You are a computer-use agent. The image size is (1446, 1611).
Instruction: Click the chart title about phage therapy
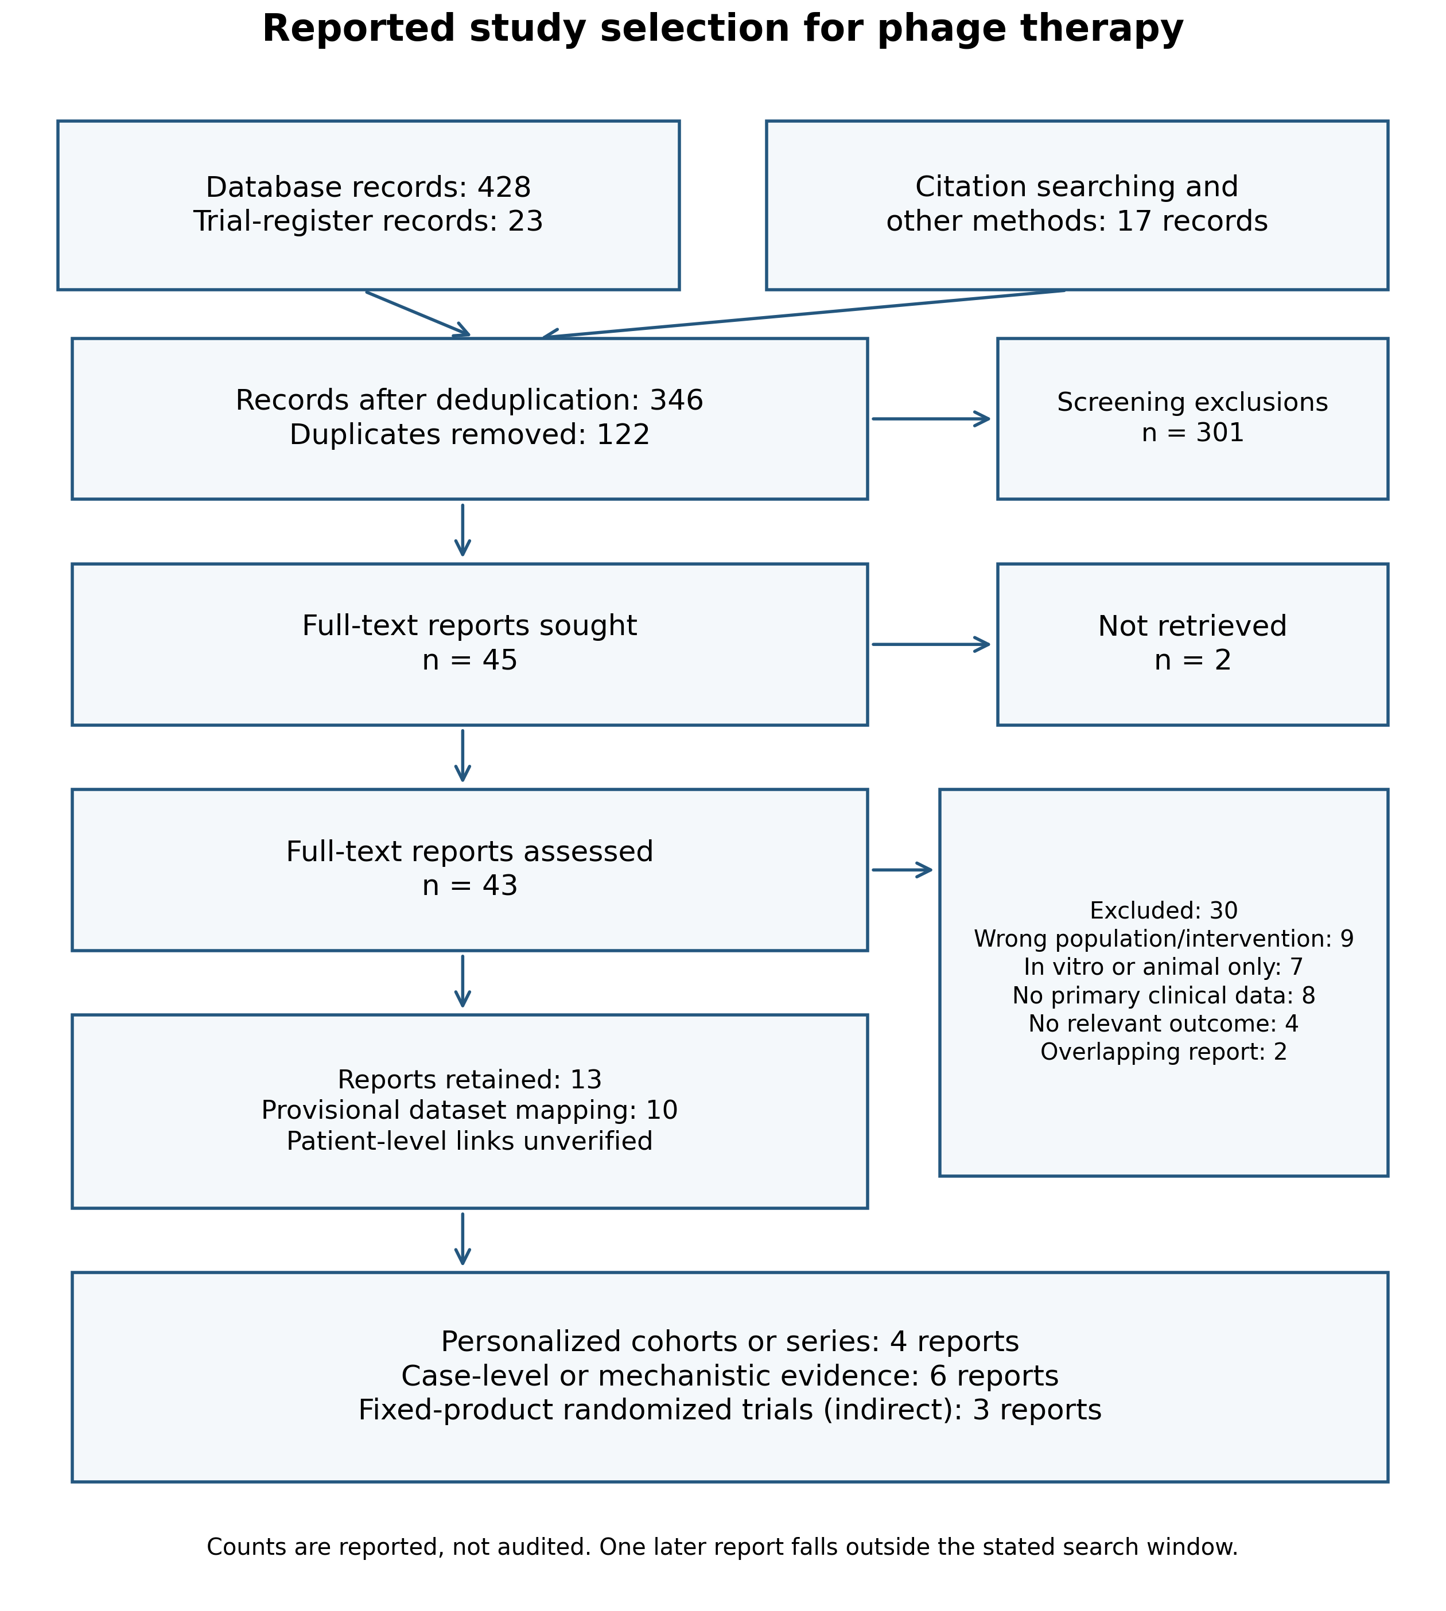tap(722, 29)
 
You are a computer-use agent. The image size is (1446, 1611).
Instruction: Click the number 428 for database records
tap(504, 188)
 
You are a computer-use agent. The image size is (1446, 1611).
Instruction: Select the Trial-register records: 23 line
tap(368, 221)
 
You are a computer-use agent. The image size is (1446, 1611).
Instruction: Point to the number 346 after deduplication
tap(676, 400)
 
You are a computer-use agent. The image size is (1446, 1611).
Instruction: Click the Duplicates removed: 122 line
tap(469, 434)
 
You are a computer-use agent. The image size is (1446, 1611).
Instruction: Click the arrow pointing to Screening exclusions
tap(931, 419)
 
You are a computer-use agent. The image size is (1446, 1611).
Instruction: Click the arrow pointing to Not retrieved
tap(931, 644)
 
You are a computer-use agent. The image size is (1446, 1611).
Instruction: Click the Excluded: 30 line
tap(1163, 910)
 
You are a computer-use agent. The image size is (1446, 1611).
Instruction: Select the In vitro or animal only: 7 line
tap(1163, 967)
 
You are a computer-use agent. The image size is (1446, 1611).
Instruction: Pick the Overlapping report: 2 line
tap(1163, 1052)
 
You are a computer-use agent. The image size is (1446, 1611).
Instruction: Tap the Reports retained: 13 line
tap(469, 1080)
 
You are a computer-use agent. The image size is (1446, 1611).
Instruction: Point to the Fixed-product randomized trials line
tap(729, 1410)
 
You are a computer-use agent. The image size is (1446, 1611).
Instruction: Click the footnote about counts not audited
tap(722, 1547)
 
